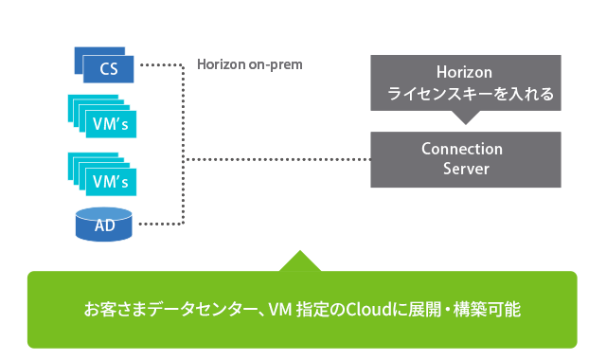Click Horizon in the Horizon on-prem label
coord(223,64)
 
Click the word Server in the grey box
coord(466,169)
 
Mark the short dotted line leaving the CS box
coord(159,65)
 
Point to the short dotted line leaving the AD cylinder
coord(159,225)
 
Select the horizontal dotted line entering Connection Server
coord(275,159)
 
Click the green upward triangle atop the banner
coord(299,261)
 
